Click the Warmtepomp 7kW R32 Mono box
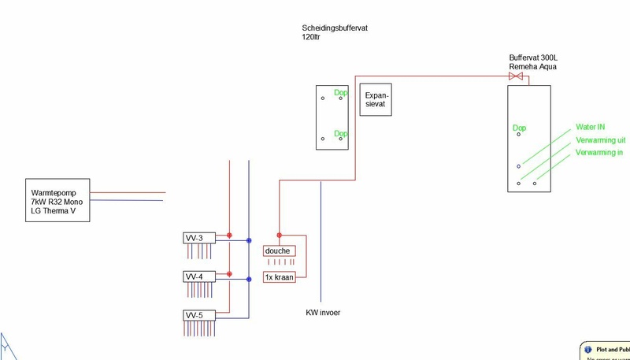[57, 201]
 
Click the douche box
[280, 251]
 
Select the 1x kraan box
[280, 277]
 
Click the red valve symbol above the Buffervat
[517, 76]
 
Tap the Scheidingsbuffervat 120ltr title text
[335, 32]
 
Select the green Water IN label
[591, 126]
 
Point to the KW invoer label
[323, 313]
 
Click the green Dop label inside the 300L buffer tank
[519, 128]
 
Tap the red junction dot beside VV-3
[229, 235]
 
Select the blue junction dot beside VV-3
[249, 240]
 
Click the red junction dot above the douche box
[279, 235]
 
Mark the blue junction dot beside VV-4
[249, 280]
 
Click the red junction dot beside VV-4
[229, 274]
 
